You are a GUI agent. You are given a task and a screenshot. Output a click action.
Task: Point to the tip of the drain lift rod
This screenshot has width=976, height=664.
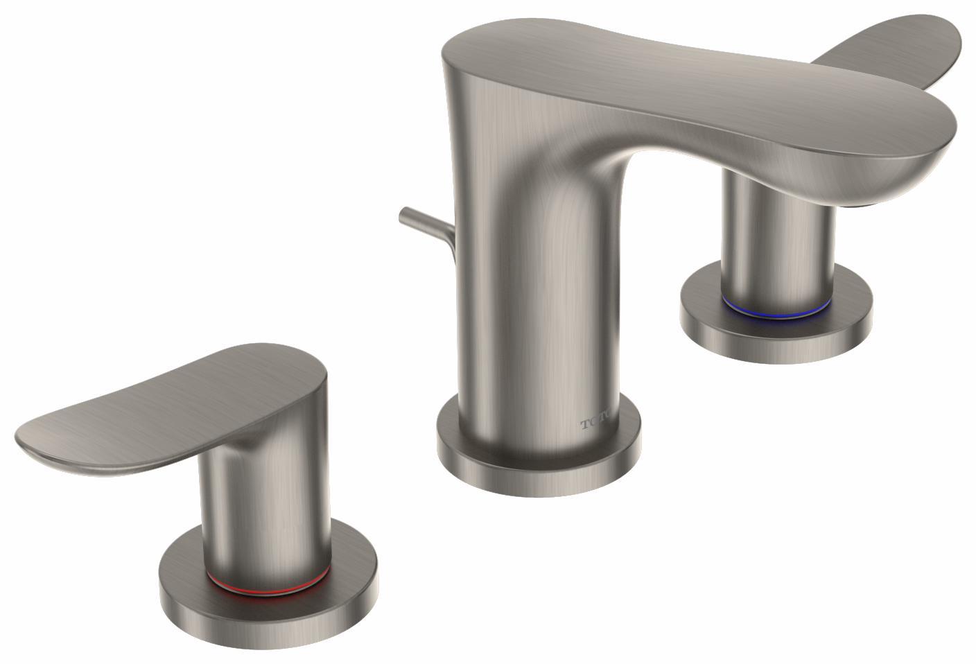(x=403, y=213)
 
